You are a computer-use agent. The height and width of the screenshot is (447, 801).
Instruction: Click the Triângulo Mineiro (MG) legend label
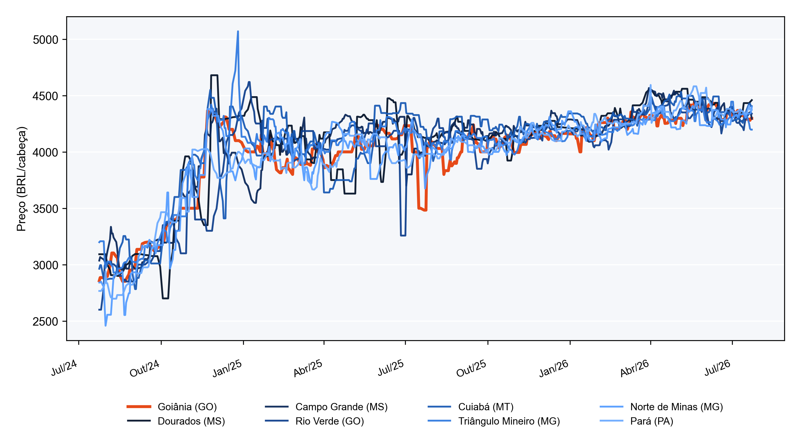(x=509, y=421)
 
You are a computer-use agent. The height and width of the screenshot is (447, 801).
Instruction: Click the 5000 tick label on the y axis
(x=45, y=40)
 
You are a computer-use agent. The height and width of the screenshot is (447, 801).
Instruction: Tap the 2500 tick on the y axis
(x=45, y=321)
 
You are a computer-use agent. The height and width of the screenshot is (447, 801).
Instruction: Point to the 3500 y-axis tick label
(x=45, y=209)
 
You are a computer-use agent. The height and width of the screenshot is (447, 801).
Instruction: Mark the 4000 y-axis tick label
(x=45, y=153)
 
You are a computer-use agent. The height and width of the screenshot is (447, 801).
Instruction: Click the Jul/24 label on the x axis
(x=64, y=368)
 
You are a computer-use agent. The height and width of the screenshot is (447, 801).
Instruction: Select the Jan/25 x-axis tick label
(x=227, y=368)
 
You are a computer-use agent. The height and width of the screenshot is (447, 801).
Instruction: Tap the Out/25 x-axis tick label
(x=471, y=368)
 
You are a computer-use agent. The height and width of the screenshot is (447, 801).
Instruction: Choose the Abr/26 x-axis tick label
(x=634, y=368)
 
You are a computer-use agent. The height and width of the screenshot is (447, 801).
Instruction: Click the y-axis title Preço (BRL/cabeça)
(x=21, y=179)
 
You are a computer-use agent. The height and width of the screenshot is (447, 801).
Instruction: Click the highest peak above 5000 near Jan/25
(x=238, y=31)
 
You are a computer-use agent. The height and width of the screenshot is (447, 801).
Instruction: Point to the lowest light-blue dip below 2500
(x=106, y=325)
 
